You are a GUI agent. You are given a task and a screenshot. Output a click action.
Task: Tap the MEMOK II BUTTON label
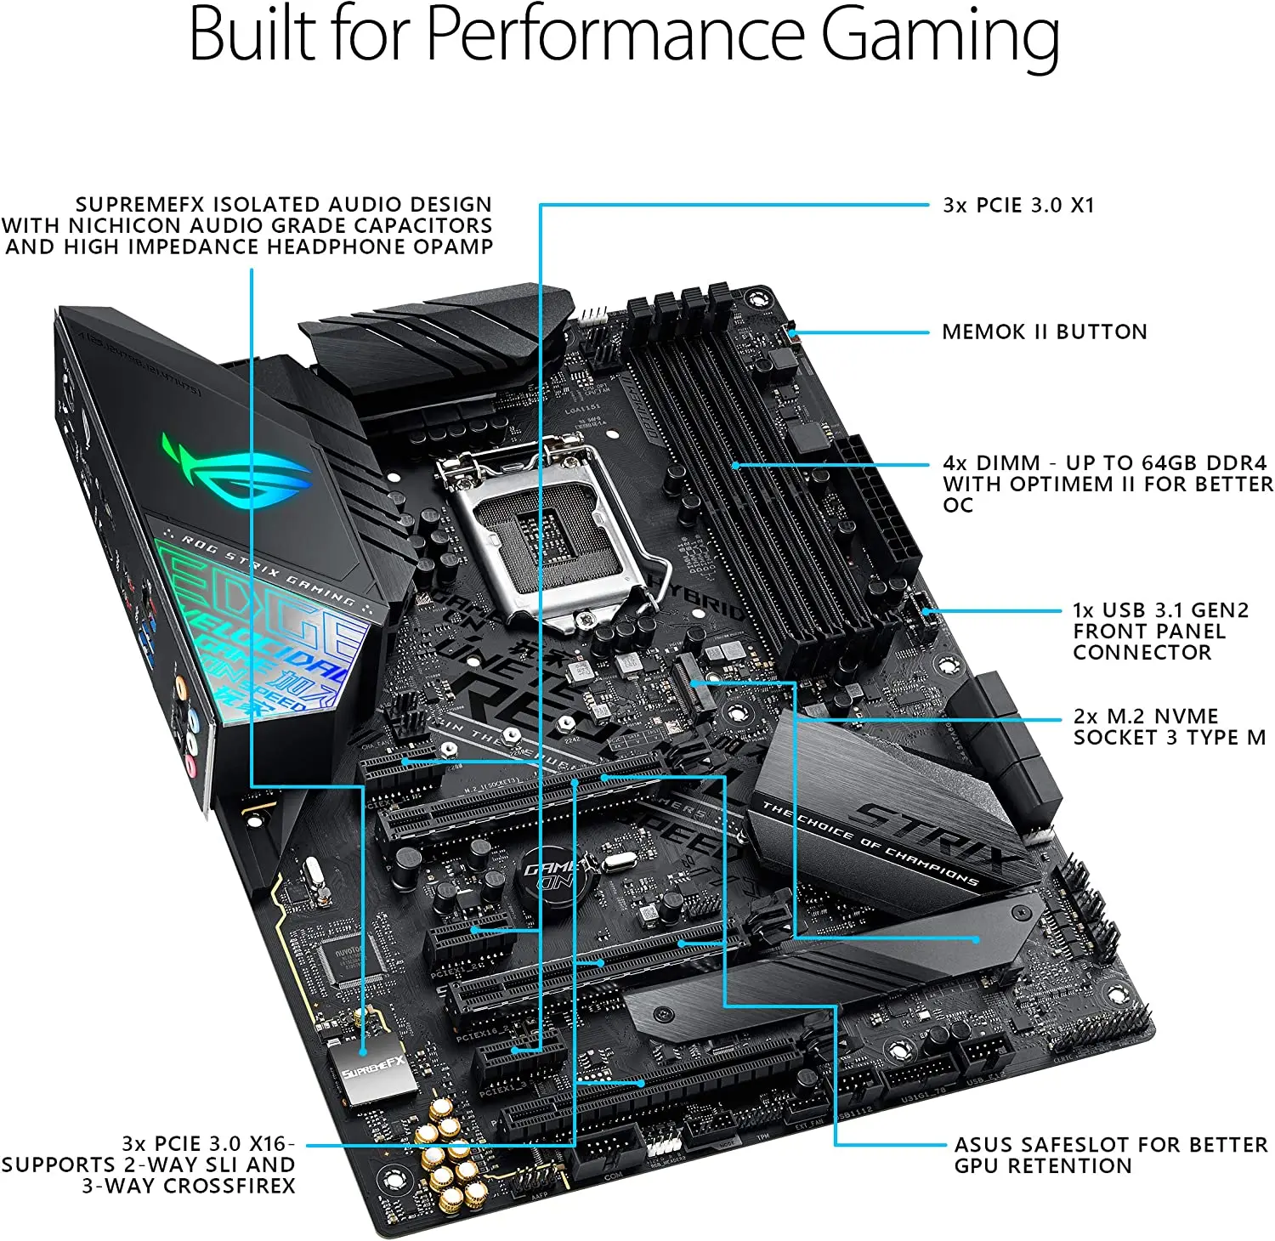click(x=1044, y=331)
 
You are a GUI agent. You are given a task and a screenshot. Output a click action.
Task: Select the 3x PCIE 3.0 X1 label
click(x=1018, y=205)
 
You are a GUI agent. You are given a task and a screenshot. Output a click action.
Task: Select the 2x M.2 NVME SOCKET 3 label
click(x=1169, y=727)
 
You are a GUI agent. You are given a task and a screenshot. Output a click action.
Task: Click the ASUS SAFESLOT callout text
click(x=1110, y=1155)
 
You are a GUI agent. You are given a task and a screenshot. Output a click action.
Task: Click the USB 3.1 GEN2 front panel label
click(x=1159, y=631)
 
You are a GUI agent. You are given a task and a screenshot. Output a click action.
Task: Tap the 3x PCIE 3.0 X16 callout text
click(x=149, y=1164)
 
